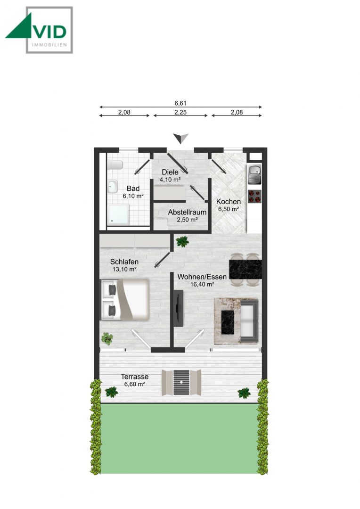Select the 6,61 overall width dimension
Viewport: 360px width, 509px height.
click(181, 103)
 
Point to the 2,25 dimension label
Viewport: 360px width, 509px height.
click(180, 113)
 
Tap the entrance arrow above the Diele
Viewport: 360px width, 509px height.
click(180, 138)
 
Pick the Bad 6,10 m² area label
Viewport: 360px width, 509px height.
click(132, 192)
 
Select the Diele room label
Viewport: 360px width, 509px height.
click(170, 175)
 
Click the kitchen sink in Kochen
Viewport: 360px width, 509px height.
click(254, 174)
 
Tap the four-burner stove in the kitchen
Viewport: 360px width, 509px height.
click(254, 196)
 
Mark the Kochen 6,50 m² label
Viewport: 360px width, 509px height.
click(228, 205)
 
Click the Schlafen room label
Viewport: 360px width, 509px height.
click(123, 265)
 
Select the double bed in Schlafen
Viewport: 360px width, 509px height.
click(125, 299)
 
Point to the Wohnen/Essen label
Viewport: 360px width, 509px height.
click(202, 280)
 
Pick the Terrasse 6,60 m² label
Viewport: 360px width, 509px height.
click(134, 380)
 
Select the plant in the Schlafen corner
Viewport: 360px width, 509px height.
click(108, 338)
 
